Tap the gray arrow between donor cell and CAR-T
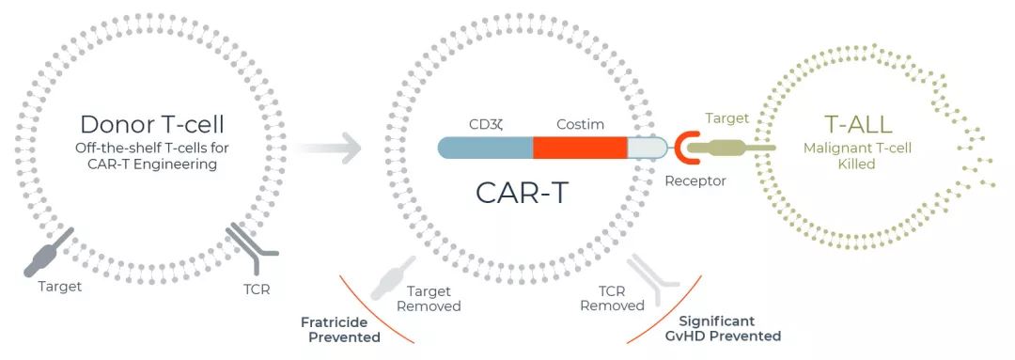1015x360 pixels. pos(329,148)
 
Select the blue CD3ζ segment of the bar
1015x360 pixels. pos(485,147)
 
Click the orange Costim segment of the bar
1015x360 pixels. pos(580,147)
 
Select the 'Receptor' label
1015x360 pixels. pos(695,180)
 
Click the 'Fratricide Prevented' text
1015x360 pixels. pos(340,328)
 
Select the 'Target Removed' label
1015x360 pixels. pos(429,298)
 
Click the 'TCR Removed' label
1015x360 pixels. pos(612,298)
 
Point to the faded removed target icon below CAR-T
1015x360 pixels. pos(390,274)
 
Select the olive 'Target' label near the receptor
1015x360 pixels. pos(726,118)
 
